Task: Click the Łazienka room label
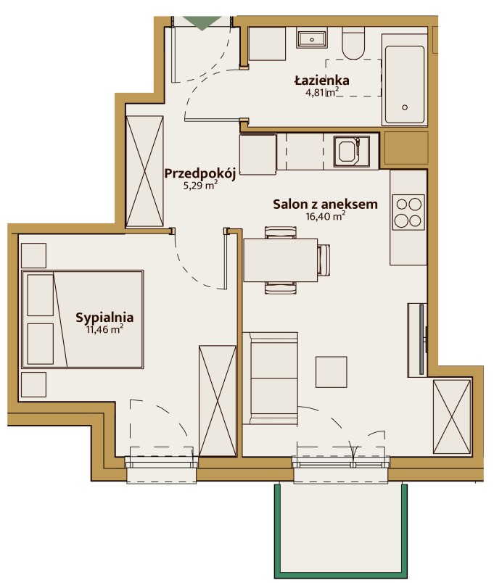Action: pyautogui.click(x=322, y=80)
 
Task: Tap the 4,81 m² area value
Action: pyautogui.click(x=322, y=91)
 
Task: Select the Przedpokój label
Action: pyautogui.click(x=200, y=173)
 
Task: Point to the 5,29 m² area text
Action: pyautogui.click(x=200, y=185)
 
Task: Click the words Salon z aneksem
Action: pyautogui.click(x=325, y=204)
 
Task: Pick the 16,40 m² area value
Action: pyautogui.click(x=326, y=215)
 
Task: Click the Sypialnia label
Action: pyautogui.click(x=104, y=317)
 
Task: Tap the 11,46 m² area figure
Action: pyautogui.click(x=104, y=329)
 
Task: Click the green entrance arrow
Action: pyautogui.click(x=202, y=23)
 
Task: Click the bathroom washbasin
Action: pyautogui.click(x=312, y=39)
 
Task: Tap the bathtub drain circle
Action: pyautogui.click(x=405, y=107)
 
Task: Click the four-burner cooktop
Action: pyautogui.click(x=408, y=212)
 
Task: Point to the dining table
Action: pyautogui.click(x=281, y=260)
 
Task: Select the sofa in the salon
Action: pyautogui.click(x=270, y=378)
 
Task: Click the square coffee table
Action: pyautogui.click(x=332, y=372)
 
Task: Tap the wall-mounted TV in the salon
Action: pyautogui.click(x=422, y=339)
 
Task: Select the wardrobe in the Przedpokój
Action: pyautogui.click(x=144, y=171)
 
